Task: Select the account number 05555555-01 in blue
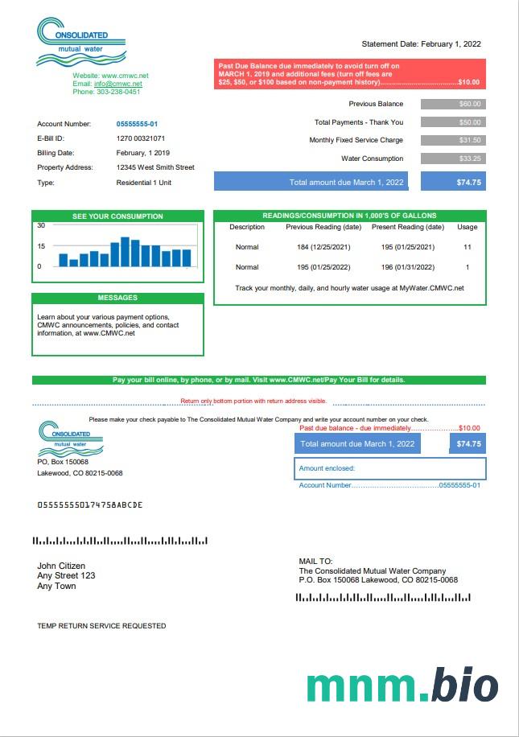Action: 137,124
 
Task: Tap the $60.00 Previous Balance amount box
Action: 453,104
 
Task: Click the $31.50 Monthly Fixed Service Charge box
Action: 453,140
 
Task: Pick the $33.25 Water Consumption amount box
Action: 453,159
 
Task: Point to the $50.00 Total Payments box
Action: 453,122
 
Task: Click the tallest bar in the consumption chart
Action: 125,252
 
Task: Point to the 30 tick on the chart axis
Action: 41,225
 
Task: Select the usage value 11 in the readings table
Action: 467,247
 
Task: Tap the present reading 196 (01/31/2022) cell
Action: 408,267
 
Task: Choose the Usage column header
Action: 467,227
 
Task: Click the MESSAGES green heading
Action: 117,298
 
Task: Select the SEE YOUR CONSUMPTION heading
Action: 117,216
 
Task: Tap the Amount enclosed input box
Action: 390,468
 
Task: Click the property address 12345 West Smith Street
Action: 155,167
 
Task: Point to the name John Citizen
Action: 61,566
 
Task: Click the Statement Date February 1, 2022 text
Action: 421,44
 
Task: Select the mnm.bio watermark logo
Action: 402,684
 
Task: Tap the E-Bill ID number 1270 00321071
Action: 141,138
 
